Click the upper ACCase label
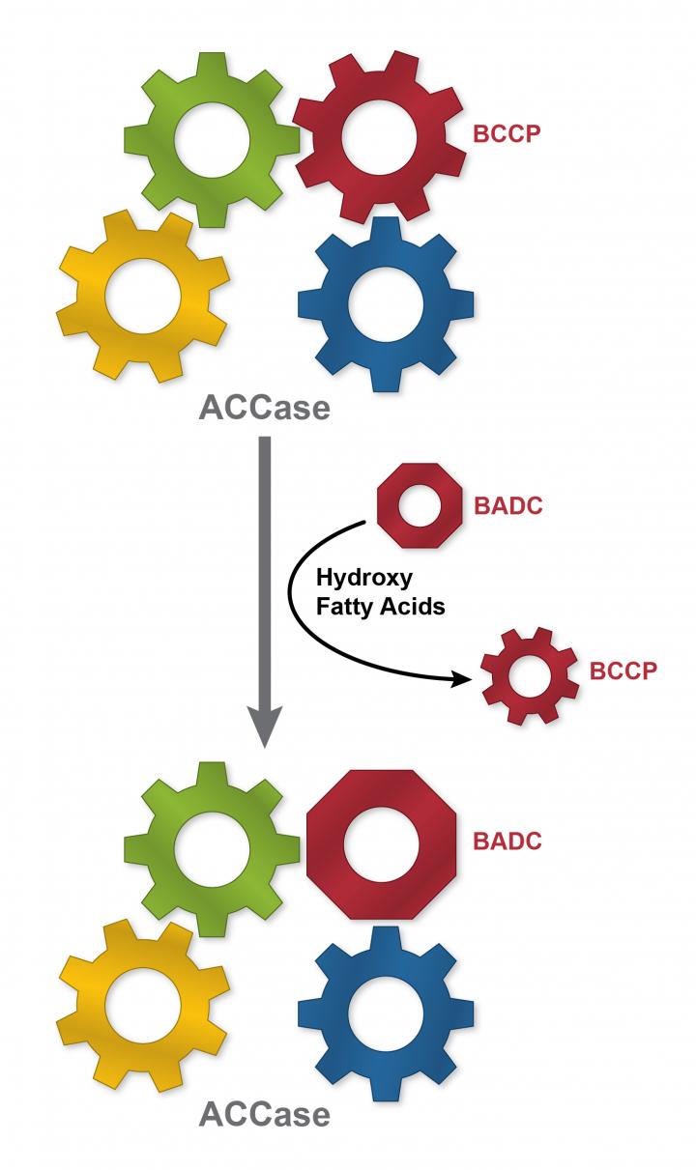point(264,408)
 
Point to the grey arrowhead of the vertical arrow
point(265,730)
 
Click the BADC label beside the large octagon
point(507,840)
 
